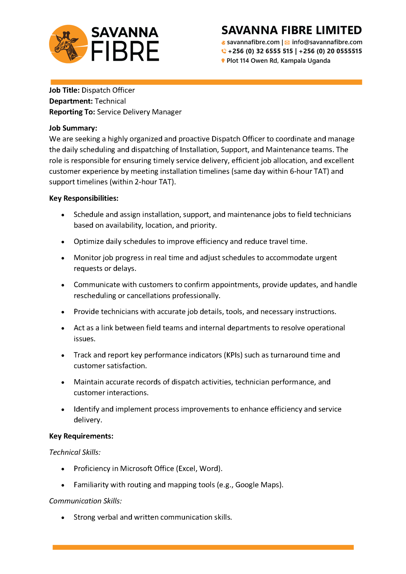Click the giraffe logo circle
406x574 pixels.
[68, 44]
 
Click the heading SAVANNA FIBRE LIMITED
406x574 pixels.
[291, 30]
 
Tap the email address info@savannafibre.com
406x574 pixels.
[327, 42]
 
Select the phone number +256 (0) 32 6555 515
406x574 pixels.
[260, 51]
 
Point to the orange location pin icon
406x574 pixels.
[223, 61]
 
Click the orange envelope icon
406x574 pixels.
[287, 43]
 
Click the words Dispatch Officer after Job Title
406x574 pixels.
[108, 90]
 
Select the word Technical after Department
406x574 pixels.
[110, 101]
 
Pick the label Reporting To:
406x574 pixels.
[72, 112]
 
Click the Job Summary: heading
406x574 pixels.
[73, 128]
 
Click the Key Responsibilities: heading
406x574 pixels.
[83, 198]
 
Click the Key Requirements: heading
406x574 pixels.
[81, 436]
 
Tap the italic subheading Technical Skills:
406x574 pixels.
[75, 452]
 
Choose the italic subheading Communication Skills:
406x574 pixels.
[85, 501]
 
